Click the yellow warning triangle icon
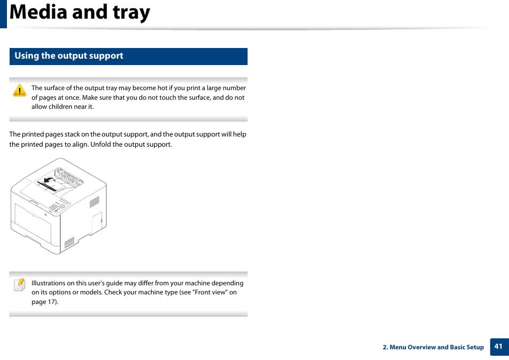[20, 91]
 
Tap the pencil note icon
[20, 285]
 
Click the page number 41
[498, 346]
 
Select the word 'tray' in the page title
[131, 12]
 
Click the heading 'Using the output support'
[69, 55]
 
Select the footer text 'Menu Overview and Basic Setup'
[436, 347]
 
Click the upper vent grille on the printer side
[94, 202]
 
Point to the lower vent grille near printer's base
[69, 243]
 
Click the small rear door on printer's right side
[97, 223]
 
